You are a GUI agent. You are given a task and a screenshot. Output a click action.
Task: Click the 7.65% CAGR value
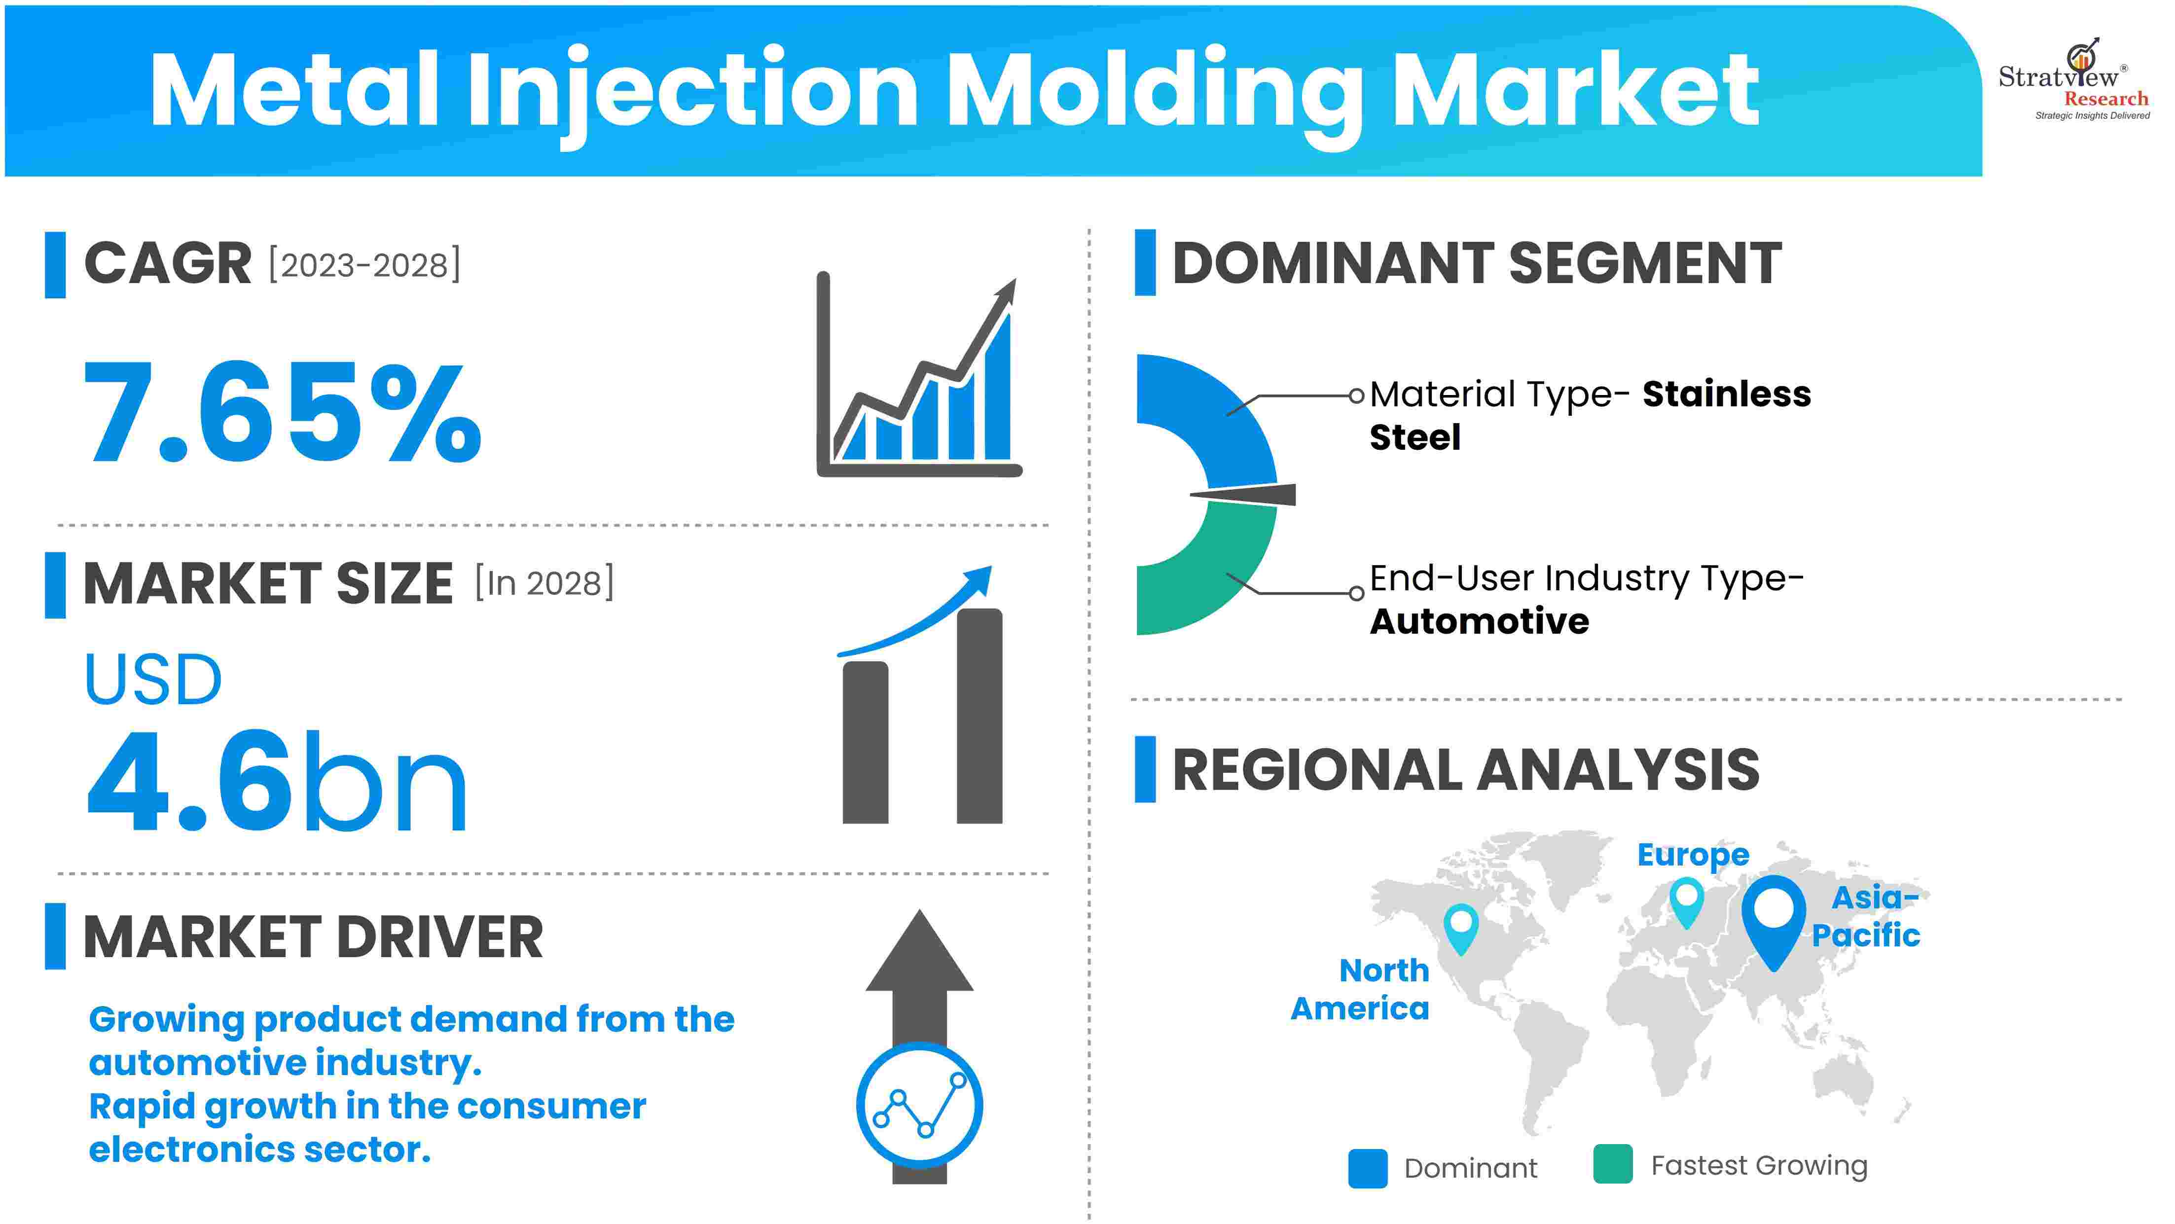point(283,411)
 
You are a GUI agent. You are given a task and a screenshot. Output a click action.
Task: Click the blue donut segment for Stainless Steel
point(1216,405)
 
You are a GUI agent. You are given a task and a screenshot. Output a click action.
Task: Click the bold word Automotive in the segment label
point(1479,621)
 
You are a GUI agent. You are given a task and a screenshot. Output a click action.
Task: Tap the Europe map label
point(1693,855)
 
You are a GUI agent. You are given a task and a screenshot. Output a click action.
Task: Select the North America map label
point(1360,989)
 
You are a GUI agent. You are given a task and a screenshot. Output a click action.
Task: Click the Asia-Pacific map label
point(1866,916)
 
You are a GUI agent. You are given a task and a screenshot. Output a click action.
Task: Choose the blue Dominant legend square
point(1368,1168)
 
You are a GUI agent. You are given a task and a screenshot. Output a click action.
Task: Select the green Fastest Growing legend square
point(1613,1165)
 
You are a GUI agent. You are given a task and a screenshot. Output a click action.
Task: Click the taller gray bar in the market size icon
point(979,716)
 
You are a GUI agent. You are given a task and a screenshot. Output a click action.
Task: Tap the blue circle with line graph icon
point(919,1106)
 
